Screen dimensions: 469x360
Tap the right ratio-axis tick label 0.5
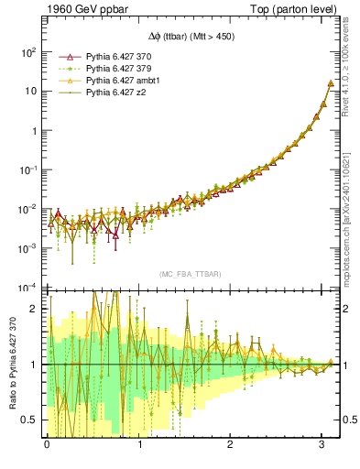click(349, 420)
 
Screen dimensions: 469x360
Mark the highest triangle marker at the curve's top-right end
click(330, 83)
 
